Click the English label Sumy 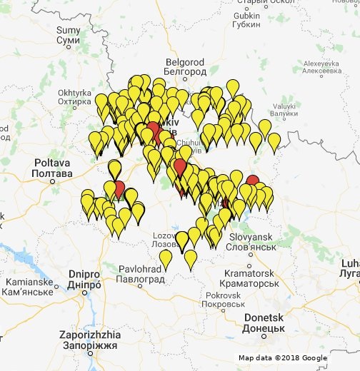point(69,30)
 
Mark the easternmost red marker point(252,181)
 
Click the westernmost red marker point(119,189)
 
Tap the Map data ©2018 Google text point(283,357)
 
